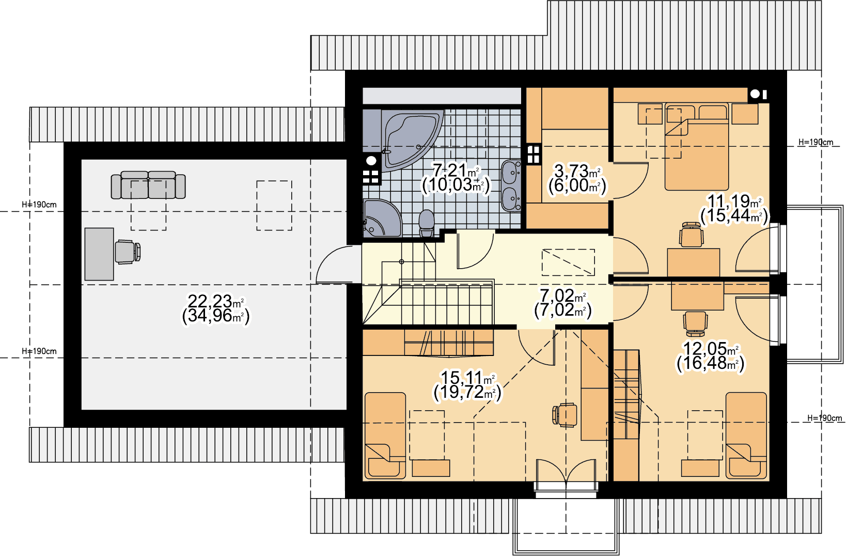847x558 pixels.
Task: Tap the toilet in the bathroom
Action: [x=427, y=223]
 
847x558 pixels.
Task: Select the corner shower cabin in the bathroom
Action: [x=381, y=219]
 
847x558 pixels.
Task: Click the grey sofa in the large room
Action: [x=148, y=185]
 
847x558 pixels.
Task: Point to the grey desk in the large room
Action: [x=99, y=254]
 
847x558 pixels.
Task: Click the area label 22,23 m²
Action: [x=216, y=302]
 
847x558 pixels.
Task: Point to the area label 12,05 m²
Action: [x=711, y=348]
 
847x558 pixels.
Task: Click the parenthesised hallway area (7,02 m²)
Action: [x=562, y=310]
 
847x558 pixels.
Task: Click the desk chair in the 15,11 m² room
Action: [x=565, y=415]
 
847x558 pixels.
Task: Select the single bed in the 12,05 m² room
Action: [x=746, y=436]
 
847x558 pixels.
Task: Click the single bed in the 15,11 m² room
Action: [x=385, y=436]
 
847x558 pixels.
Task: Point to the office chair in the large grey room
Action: [x=128, y=252]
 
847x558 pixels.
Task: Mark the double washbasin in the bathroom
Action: [x=511, y=185]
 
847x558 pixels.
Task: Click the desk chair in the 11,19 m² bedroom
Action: [x=692, y=235]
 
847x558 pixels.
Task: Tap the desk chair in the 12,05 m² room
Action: [x=695, y=324]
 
